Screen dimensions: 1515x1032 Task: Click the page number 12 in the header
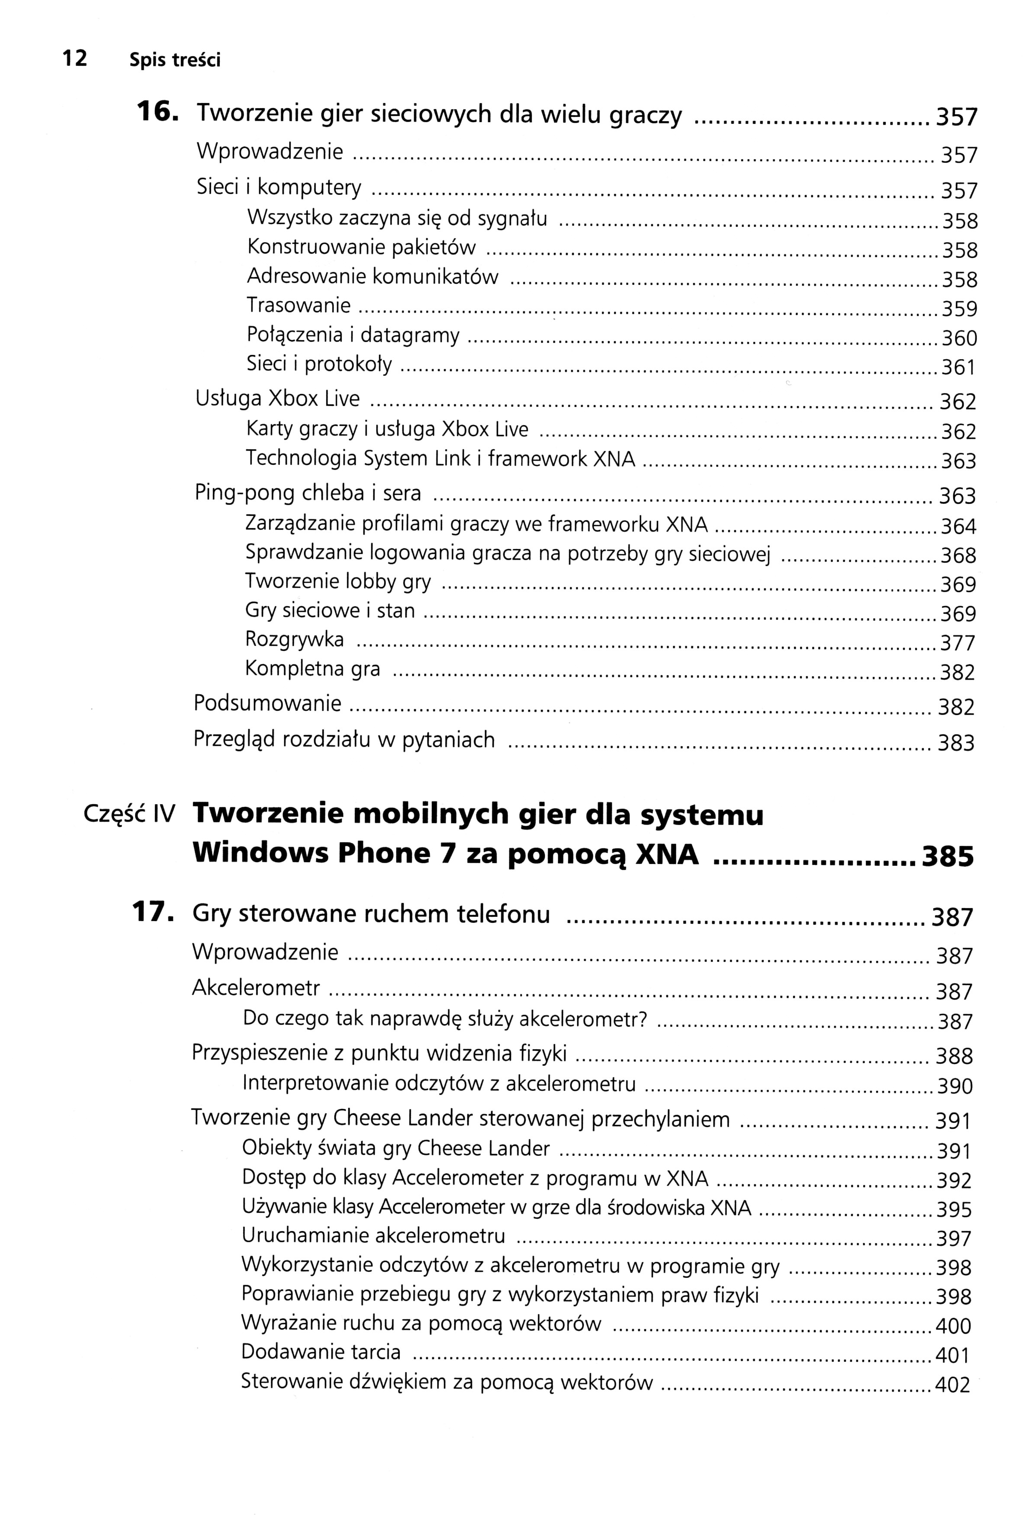click(74, 59)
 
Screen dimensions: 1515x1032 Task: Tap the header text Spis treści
click(175, 60)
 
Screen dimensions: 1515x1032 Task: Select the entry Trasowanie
click(299, 305)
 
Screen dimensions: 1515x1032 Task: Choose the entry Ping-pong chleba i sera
click(308, 493)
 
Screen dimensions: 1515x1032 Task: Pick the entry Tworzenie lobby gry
click(338, 581)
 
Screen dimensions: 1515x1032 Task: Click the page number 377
click(957, 643)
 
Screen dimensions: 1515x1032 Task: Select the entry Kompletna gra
click(313, 669)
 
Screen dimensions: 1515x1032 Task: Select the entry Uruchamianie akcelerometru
click(373, 1235)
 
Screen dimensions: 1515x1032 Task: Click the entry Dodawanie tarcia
click(321, 1351)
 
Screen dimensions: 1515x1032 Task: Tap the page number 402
click(952, 1385)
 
